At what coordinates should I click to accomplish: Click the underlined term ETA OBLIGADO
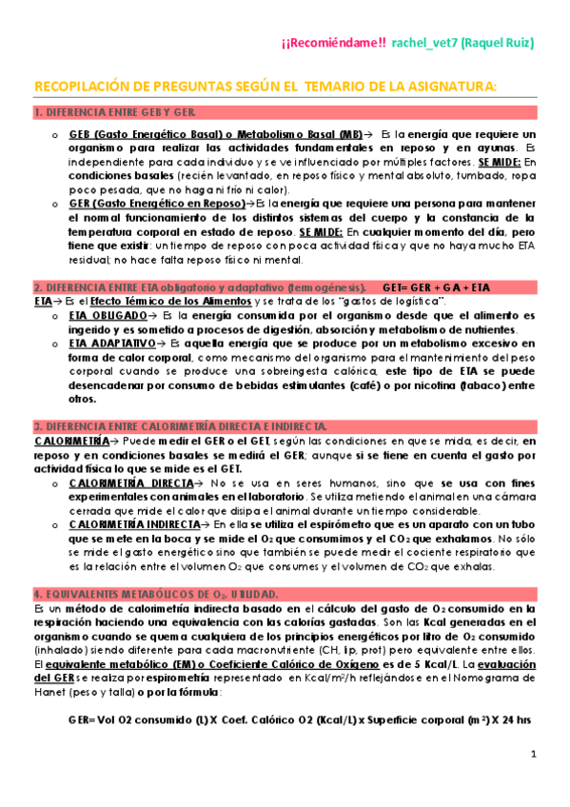108,315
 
